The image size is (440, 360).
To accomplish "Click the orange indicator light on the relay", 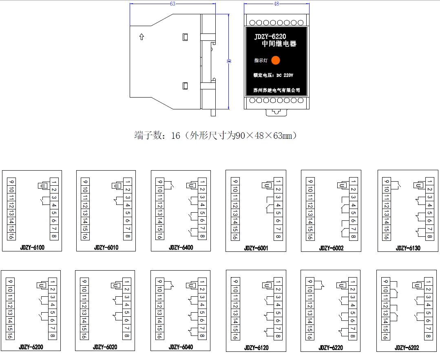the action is tap(276, 60).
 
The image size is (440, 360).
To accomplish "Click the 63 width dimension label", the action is tap(172, 4).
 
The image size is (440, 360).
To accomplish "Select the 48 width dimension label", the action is tap(276, 4).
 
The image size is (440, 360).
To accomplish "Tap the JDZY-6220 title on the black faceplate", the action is tap(270, 36).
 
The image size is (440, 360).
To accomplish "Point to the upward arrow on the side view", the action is tap(142, 37).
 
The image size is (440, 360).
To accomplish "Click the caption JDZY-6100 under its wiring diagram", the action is tap(32, 247).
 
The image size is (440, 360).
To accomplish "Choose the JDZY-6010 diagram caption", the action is tap(106, 247).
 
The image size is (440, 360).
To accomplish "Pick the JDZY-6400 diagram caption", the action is tap(181, 247).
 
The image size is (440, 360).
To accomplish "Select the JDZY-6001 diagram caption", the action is tap(256, 248).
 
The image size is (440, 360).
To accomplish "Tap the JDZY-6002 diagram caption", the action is tap(331, 248).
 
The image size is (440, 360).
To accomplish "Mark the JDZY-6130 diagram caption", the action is tap(408, 248).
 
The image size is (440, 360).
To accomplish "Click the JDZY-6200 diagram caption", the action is tap(31, 347).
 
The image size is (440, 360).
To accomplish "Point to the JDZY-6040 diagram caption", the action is tap(181, 347).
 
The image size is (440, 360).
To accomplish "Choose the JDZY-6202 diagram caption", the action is tap(407, 348).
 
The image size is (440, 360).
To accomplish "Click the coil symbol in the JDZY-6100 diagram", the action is tap(42, 186).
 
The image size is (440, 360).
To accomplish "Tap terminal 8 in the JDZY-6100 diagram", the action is tap(54, 236).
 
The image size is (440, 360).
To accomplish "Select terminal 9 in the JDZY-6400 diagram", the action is tap(160, 182).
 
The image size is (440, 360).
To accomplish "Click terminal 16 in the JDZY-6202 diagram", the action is tap(385, 336).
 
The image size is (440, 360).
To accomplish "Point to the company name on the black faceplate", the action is tap(277, 90).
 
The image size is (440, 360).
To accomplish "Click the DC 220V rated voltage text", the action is tap(285, 75).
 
